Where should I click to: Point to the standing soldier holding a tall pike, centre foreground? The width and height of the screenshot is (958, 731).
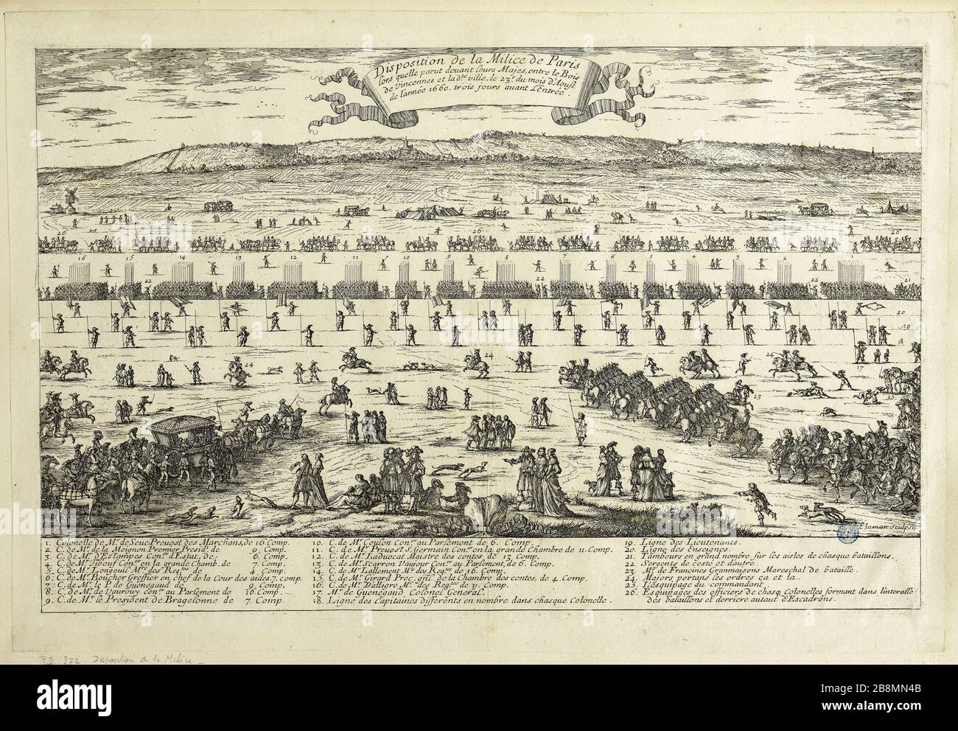(580, 427)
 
